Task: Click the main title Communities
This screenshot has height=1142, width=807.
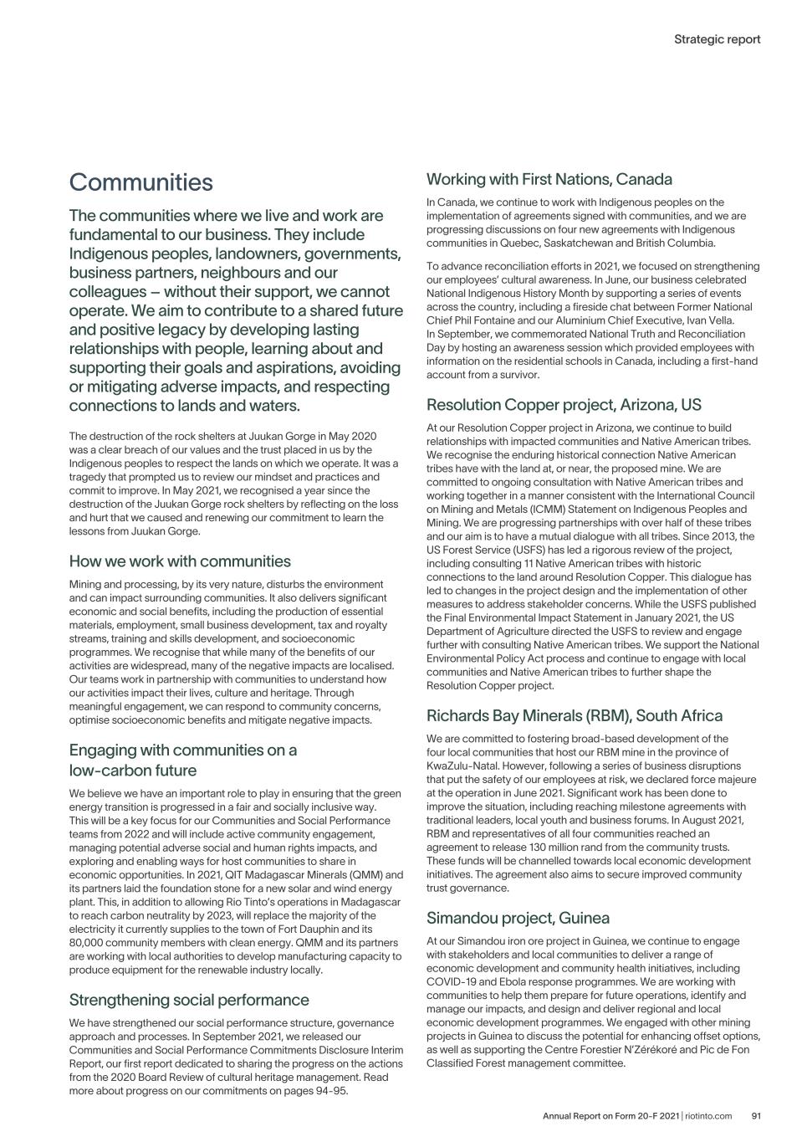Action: click(140, 182)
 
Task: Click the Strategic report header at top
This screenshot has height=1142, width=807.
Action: click(717, 38)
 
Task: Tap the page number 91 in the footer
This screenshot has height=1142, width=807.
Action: click(755, 1115)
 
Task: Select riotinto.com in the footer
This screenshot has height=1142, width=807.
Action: click(708, 1115)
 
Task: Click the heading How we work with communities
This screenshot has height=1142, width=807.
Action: click(180, 561)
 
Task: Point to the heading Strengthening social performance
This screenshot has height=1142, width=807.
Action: click(189, 1000)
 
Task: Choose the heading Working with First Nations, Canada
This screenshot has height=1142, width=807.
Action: click(549, 179)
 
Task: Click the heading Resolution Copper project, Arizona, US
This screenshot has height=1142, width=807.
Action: click(564, 405)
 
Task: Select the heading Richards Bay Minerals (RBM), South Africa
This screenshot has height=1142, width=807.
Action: click(574, 715)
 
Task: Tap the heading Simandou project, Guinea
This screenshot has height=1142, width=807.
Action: click(518, 918)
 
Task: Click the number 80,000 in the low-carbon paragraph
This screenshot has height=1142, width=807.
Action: click(89, 943)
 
